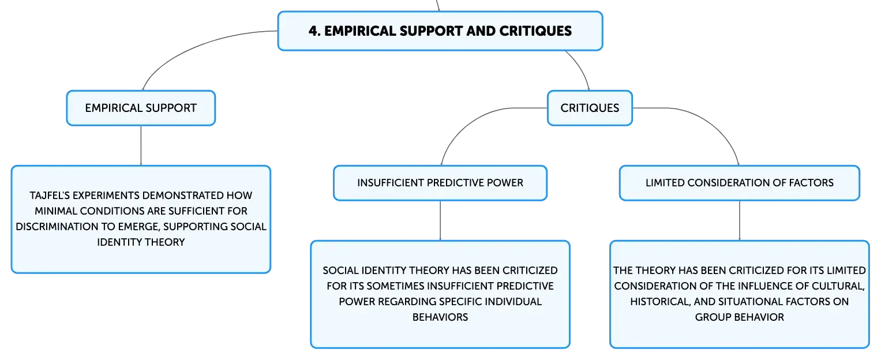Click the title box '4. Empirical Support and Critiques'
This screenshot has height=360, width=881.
(440, 31)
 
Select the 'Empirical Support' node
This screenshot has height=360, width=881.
(141, 108)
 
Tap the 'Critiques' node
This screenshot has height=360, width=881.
(590, 108)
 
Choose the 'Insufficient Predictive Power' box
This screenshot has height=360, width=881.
(440, 183)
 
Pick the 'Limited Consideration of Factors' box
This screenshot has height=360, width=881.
(740, 183)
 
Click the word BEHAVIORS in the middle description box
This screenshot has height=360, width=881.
(440, 317)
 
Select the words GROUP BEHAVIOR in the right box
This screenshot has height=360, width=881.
(740, 317)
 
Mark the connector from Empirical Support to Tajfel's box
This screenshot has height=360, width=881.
(141, 145)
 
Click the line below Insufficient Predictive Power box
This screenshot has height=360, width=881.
(440, 221)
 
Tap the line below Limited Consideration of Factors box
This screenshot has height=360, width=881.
(740, 221)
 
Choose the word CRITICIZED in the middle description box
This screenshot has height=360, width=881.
(530, 271)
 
